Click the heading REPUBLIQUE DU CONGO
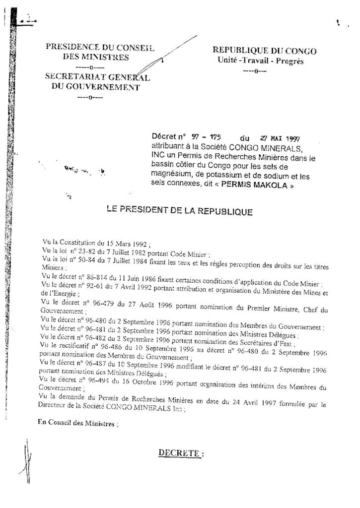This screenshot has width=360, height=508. tap(264, 51)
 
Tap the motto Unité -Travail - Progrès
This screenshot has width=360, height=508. tap(260, 61)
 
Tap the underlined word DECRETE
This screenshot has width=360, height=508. tap(181, 453)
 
